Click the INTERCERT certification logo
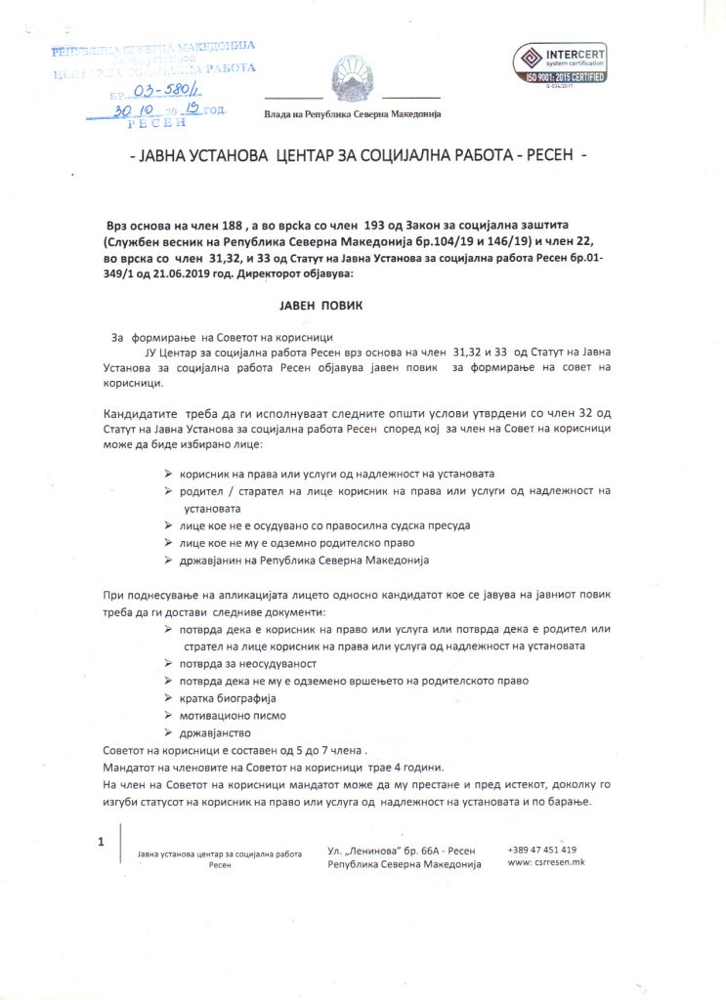(x=560, y=63)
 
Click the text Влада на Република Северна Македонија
(x=352, y=113)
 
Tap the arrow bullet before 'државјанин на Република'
(x=170, y=561)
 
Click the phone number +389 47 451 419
(x=542, y=850)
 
